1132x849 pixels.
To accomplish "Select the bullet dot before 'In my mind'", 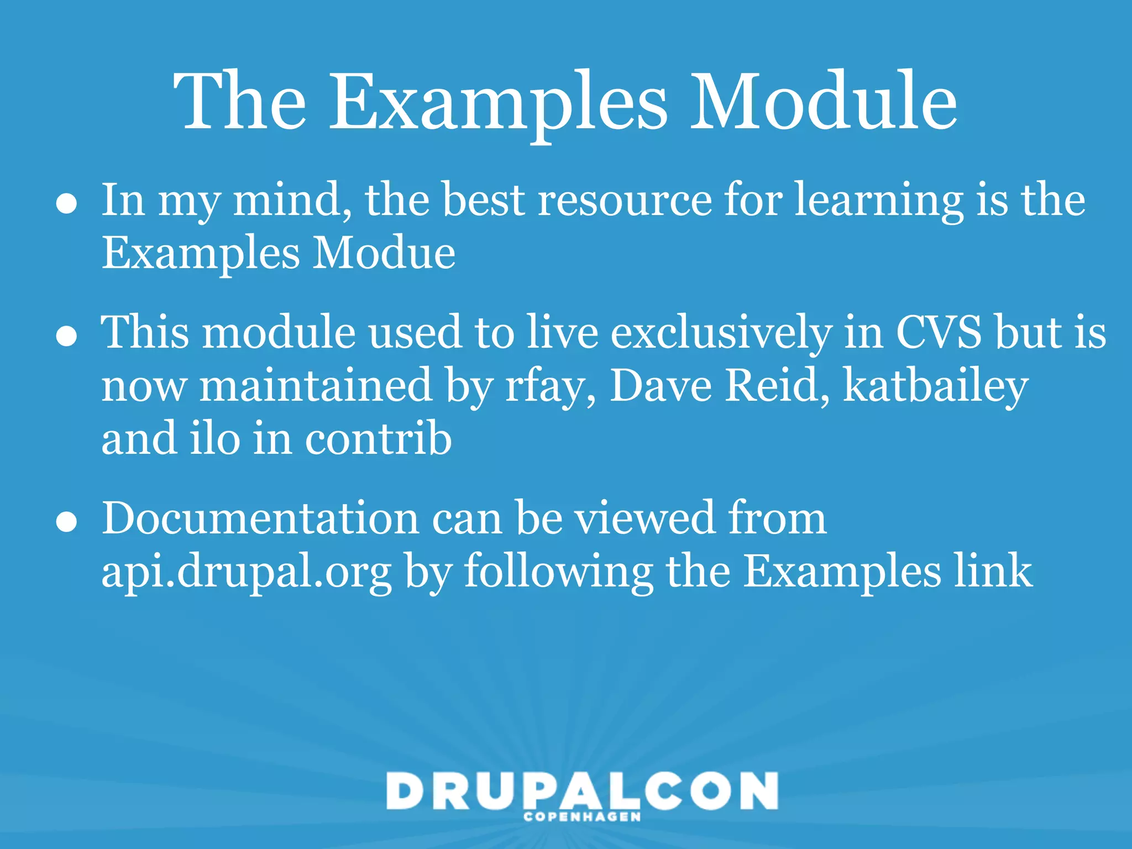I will click(x=66, y=204).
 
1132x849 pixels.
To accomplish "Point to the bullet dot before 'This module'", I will click(x=66, y=336).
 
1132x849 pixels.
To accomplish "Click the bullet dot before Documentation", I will click(x=66, y=522).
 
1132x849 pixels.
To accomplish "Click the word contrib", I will click(x=379, y=438).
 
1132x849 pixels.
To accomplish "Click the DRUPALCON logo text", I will click(x=582, y=791).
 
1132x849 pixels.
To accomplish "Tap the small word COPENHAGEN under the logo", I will click(x=582, y=817).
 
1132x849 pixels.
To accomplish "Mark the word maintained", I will click(x=316, y=385).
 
